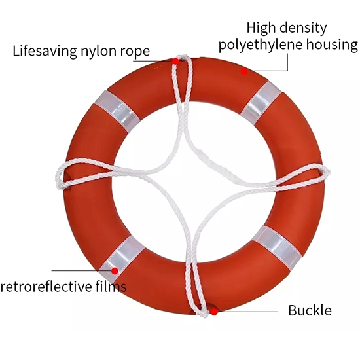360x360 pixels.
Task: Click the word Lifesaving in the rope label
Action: [x=45, y=51]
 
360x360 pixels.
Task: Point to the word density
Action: [x=303, y=28]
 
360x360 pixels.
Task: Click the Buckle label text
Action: [x=310, y=310]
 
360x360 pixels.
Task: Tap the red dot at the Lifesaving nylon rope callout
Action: [x=175, y=62]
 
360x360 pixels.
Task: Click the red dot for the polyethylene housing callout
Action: [x=244, y=71]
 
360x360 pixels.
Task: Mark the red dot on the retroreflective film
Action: [x=115, y=271]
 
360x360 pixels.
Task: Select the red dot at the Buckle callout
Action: [x=214, y=312]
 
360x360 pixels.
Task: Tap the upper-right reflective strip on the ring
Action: [x=261, y=103]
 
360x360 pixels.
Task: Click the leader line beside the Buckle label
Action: [x=247, y=312]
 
